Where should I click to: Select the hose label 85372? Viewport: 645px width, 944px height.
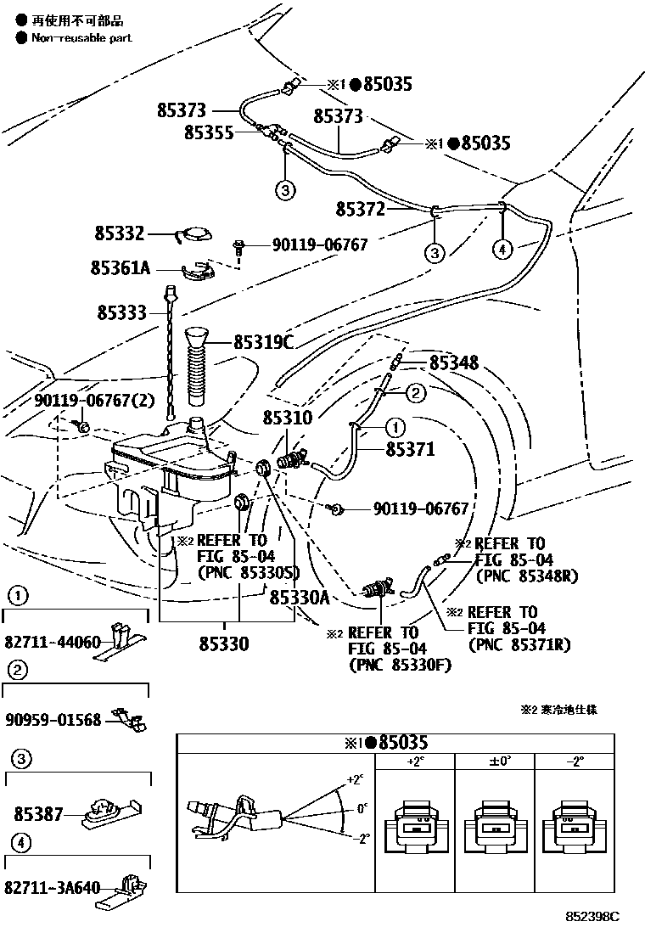(360, 209)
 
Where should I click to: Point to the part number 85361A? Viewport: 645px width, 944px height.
(120, 268)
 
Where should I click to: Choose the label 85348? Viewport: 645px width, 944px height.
(453, 363)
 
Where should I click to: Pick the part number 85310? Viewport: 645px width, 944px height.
(288, 418)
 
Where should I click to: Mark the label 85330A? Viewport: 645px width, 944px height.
(299, 597)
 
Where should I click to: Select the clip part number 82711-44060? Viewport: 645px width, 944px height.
(52, 641)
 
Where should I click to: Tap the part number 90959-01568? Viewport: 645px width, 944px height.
(52, 720)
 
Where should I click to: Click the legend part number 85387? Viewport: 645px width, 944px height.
(38, 813)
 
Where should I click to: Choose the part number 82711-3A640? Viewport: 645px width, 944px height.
(52, 888)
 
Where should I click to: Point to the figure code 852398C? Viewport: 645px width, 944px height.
(593, 918)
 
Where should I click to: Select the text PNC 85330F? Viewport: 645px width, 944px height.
(399, 665)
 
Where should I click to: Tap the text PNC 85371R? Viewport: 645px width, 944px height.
(519, 644)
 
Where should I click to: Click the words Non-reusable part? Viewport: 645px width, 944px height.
(81, 38)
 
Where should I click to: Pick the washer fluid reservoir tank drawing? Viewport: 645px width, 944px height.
(170, 471)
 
